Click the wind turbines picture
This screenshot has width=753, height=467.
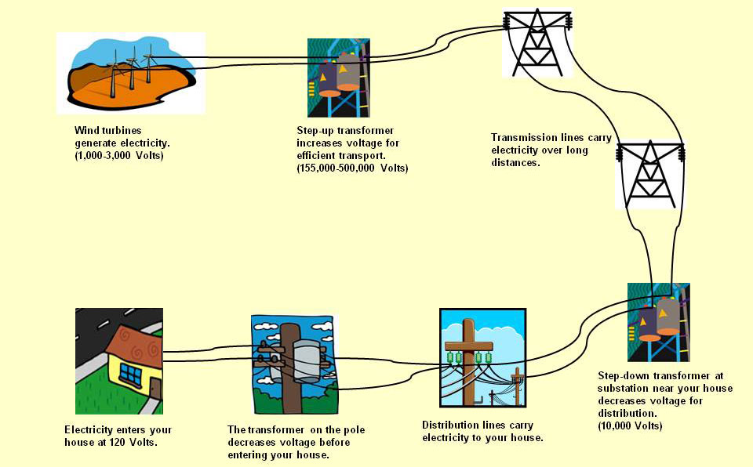(x=130, y=72)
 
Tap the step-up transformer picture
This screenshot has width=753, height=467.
(x=338, y=78)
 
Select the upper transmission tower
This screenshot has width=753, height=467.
(x=537, y=42)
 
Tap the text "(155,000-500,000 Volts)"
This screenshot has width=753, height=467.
(x=352, y=168)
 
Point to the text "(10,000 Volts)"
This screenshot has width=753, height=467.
(x=630, y=426)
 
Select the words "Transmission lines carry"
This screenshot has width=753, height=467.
(x=551, y=138)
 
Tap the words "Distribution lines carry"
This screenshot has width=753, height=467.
(x=476, y=425)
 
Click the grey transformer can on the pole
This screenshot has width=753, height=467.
(x=305, y=360)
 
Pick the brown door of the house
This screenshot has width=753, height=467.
(x=155, y=389)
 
